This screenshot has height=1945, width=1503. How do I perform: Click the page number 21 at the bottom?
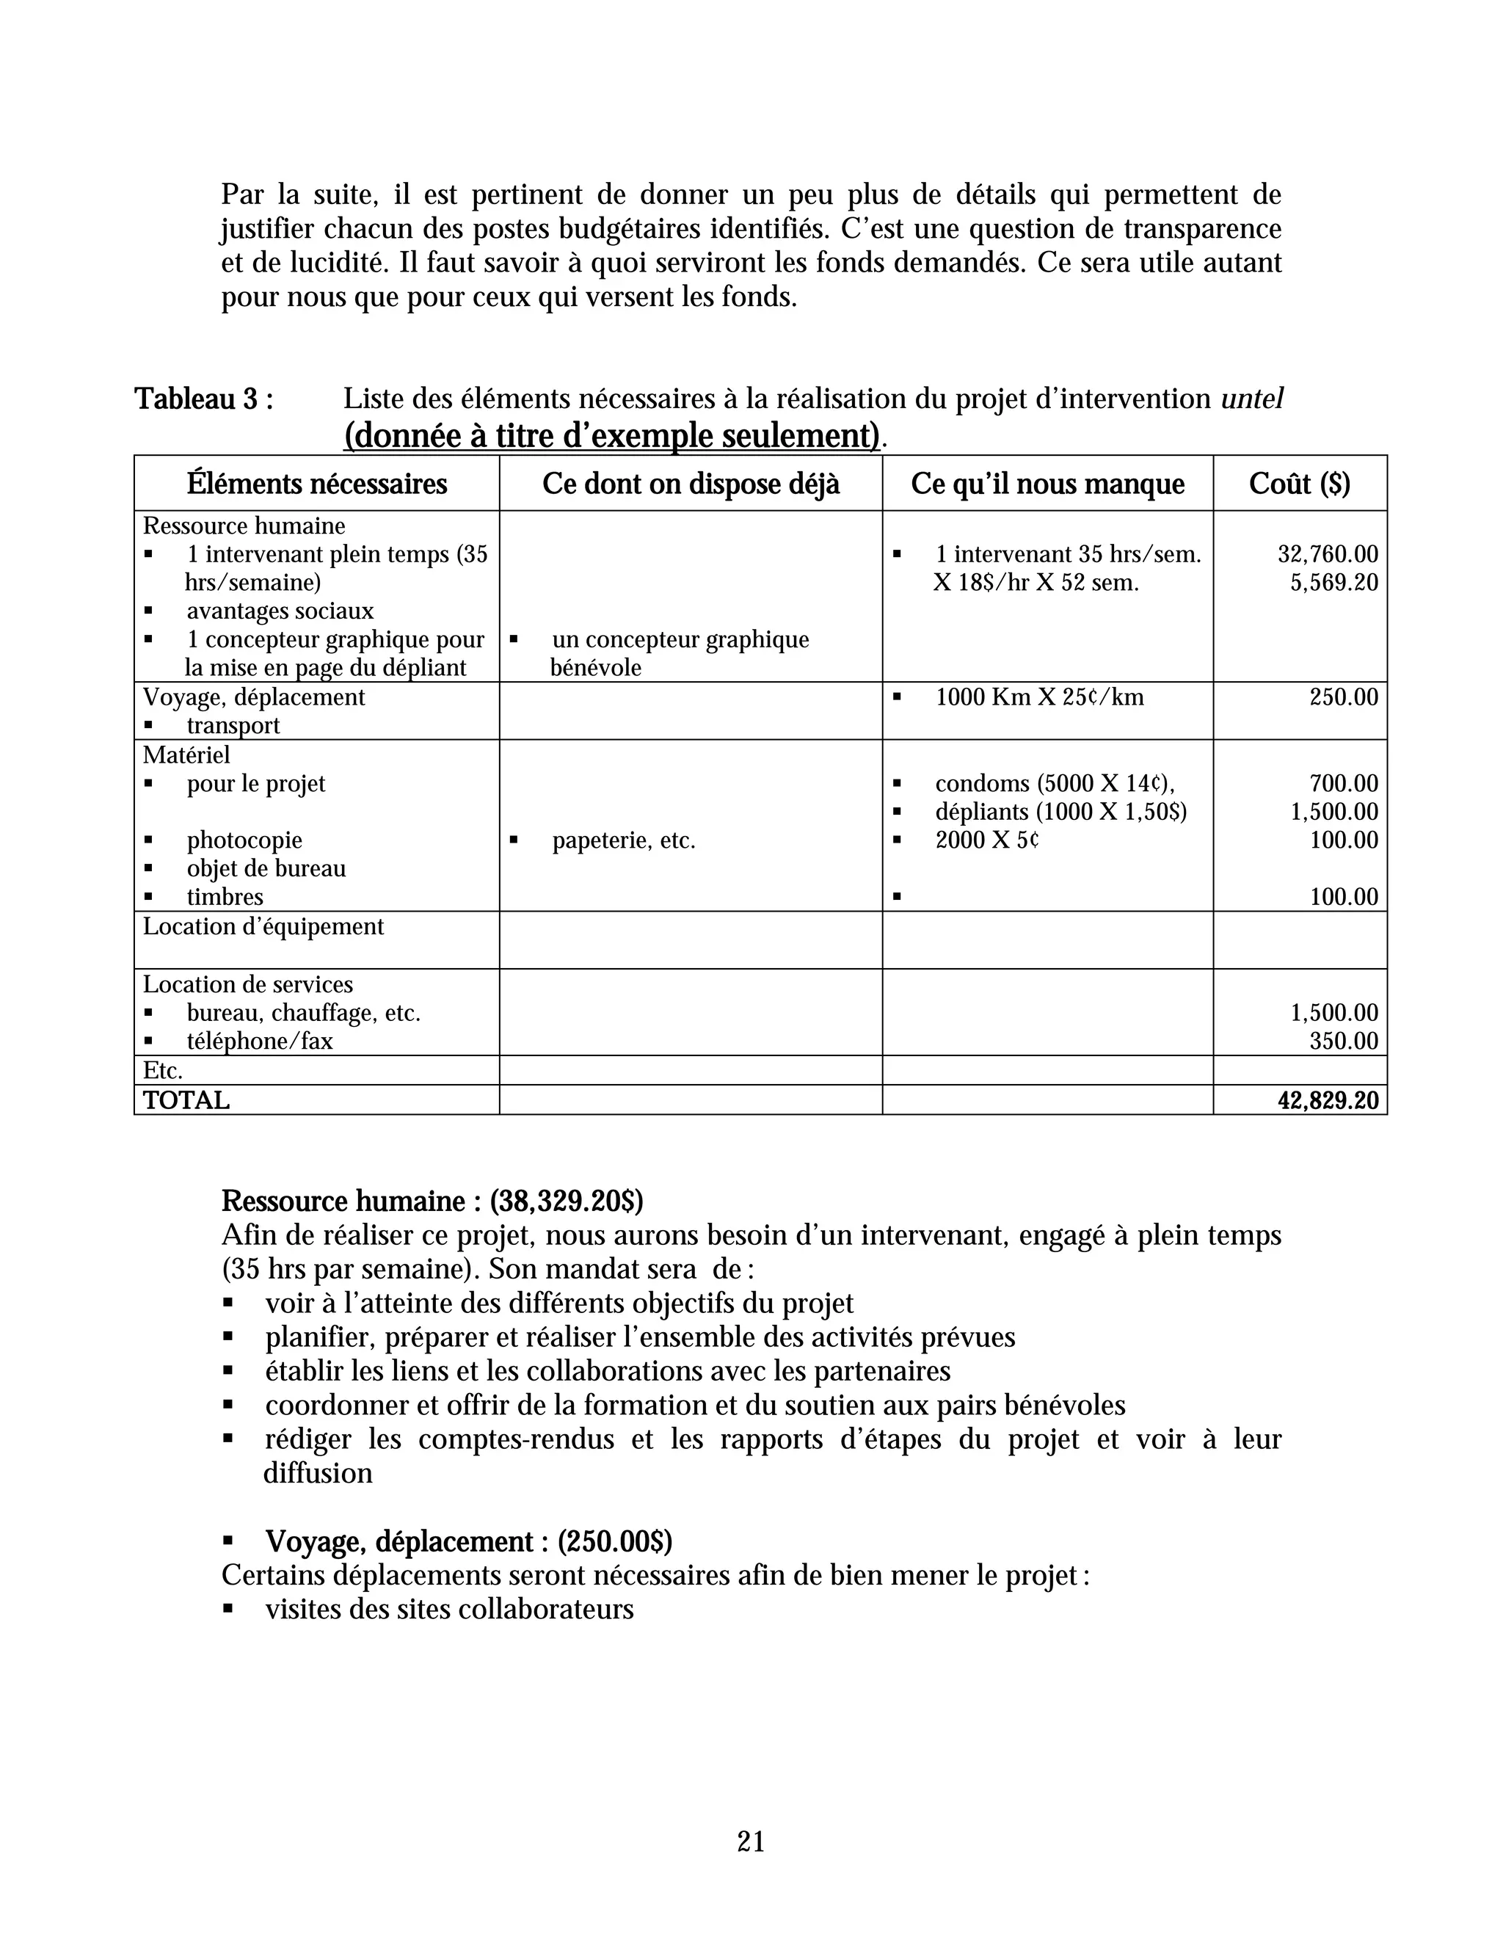point(751,1841)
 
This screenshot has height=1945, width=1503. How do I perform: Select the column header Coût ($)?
point(1299,484)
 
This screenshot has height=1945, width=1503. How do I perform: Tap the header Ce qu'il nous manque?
point(1047,484)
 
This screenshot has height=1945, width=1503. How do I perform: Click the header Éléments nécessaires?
point(317,484)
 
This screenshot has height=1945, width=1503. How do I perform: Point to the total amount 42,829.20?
point(1328,1101)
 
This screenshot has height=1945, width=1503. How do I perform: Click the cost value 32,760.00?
point(1328,555)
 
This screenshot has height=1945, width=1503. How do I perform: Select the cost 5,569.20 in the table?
point(1333,583)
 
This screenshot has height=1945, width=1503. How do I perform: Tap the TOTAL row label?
point(186,1101)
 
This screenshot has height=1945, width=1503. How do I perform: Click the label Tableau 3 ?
point(204,399)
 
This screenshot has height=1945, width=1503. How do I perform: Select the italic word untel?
point(1251,399)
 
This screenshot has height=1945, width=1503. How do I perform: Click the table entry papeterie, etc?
point(622,840)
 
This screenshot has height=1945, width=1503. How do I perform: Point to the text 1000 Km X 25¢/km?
point(1039,697)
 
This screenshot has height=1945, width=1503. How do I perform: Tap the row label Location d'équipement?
point(263,927)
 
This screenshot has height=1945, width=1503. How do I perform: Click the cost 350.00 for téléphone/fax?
point(1344,1041)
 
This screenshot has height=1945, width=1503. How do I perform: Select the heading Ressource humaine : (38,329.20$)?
point(432,1201)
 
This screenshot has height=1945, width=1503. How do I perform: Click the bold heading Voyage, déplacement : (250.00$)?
point(468,1541)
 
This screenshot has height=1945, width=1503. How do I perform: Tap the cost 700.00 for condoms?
point(1344,784)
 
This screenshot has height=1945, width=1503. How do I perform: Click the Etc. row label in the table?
point(163,1070)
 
